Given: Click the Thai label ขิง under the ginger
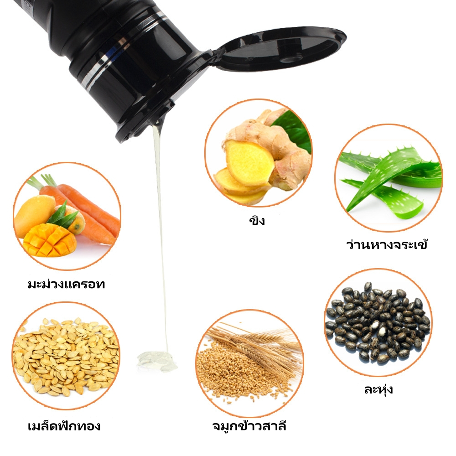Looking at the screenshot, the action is [257, 220].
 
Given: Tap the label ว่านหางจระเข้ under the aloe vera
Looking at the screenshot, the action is [387, 244].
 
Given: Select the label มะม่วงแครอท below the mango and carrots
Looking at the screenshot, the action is [66, 284].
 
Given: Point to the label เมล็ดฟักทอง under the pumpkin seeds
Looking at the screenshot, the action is [64, 425].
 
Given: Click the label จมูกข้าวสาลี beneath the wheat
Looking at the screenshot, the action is [249, 425].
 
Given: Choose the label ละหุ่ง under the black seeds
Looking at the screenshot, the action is [378, 389].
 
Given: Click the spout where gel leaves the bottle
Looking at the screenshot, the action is [159, 122].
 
